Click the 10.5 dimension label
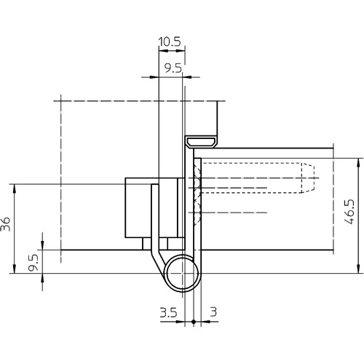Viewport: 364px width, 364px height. coord(170,41)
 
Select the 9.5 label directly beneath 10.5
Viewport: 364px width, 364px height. coord(173,68)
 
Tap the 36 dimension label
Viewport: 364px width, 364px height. coord(6,224)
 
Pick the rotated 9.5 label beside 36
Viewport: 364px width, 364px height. coord(33,263)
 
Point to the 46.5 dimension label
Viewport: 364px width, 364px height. coord(349,212)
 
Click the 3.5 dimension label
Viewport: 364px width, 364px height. coord(169,312)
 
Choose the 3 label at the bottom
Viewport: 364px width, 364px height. coord(213,312)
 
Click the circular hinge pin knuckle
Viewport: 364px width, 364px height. coord(182,274)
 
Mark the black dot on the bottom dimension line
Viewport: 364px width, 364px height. coord(194,322)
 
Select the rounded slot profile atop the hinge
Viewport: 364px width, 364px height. coord(201,141)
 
